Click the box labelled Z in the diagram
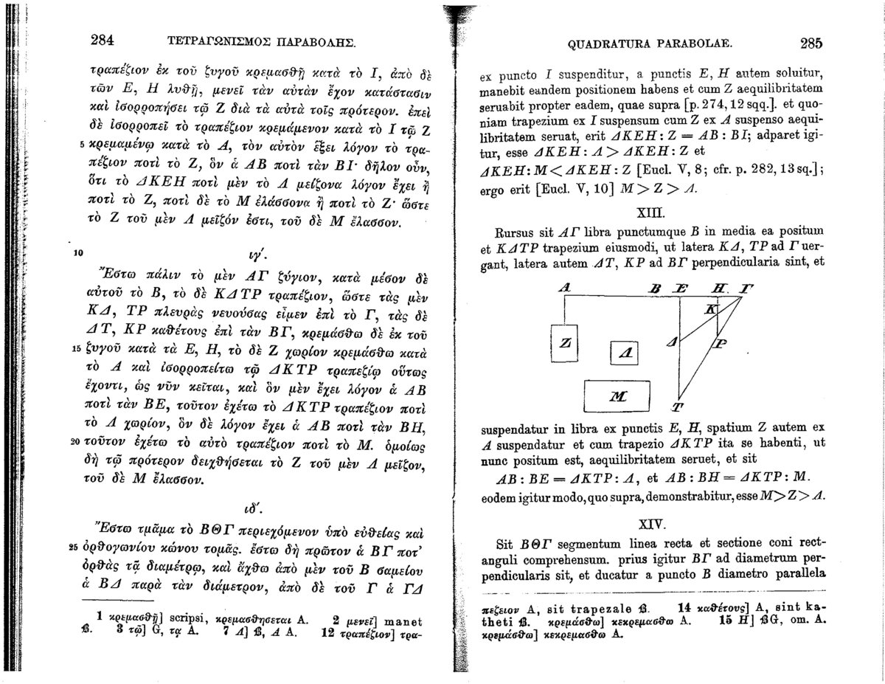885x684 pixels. tap(566, 345)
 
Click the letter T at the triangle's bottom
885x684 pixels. tap(676, 407)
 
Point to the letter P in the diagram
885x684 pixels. tap(721, 344)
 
